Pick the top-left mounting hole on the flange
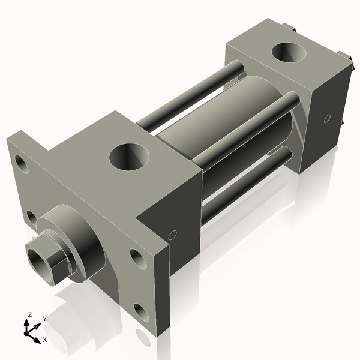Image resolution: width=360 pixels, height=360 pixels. click(22, 163)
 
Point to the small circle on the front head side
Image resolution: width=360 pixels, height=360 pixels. click(173, 235)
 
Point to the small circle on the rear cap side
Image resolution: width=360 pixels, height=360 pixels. click(327, 118)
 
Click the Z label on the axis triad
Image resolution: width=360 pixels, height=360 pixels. click(29, 315)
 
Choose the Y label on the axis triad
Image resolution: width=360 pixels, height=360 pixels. click(45, 319)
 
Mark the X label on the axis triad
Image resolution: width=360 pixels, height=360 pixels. click(45, 340)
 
